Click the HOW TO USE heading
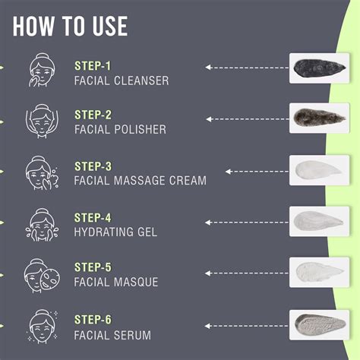click(x=71, y=26)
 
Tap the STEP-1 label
click(x=93, y=65)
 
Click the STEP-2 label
click(x=93, y=115)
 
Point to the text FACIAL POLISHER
click(x=120, y=129)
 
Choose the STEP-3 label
click(x=93, y=166)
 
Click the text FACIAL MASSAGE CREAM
click(x=140, y=181)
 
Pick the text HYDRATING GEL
click(x=115, y=232)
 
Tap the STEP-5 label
click(x=93, y=267)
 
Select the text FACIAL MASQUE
click(x=116, y=282)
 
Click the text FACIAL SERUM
click(x=112, y=334)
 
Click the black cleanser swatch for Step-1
click(x=320, y=68)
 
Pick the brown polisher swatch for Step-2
click(x=320, y=118)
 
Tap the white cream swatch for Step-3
click(x=320, y=169)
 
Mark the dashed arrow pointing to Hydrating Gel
click(x=244, y=222)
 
